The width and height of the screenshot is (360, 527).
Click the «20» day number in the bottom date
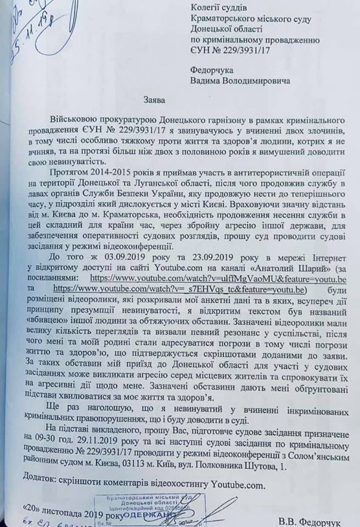pyautogui.click(x=35, y=507)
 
